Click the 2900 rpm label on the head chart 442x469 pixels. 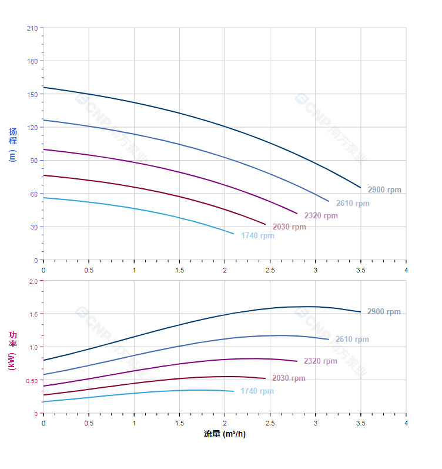[384, 190]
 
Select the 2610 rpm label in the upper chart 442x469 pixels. [353, 204]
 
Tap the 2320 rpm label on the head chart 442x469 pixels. [321, 216]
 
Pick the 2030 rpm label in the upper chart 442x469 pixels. [289, 227]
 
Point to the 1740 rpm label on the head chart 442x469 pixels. [257, 236]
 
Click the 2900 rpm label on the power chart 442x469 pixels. [384, 312]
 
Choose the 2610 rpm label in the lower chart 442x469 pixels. [352, 340]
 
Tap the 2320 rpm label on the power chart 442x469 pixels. [320, 361]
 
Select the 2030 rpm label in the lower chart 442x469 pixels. [289, 378]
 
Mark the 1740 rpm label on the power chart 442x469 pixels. [257, 391]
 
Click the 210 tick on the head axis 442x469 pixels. [32, 28]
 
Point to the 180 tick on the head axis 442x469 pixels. [32, 61]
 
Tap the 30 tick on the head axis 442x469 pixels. [34, 227]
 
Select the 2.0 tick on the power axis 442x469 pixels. [34, 281]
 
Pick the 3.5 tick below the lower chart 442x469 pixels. [361, 423]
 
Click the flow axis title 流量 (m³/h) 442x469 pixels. [225, 434]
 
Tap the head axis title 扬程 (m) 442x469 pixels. [13, 145]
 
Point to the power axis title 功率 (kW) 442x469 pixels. [13, 350]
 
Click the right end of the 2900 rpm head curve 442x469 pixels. [360, 188]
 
